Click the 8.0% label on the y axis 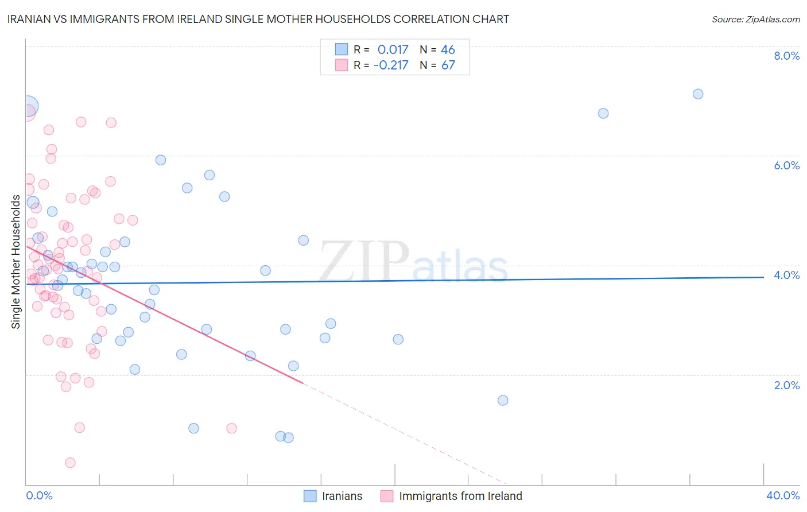[x=786, y=56]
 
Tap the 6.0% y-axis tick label [x=786, y=165]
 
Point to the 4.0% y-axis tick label [x=786, y=275]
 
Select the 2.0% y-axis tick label [x=786, y=385]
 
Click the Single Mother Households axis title [x=16, y=262]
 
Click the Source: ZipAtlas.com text [x=755, y=19]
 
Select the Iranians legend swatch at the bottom [x=310, y=496]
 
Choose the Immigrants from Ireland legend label [x=460, y=496]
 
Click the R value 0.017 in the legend [x=393, y=49]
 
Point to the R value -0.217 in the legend [x=391, y=65]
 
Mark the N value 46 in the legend [x=448, y=49]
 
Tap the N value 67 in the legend [x=448, y=65]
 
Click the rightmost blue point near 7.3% [x=698, y=94]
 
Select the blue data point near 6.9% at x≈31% [x=603, y=113]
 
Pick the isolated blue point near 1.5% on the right [x=503, y=400]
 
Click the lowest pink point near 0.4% [x=71, y=463]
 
